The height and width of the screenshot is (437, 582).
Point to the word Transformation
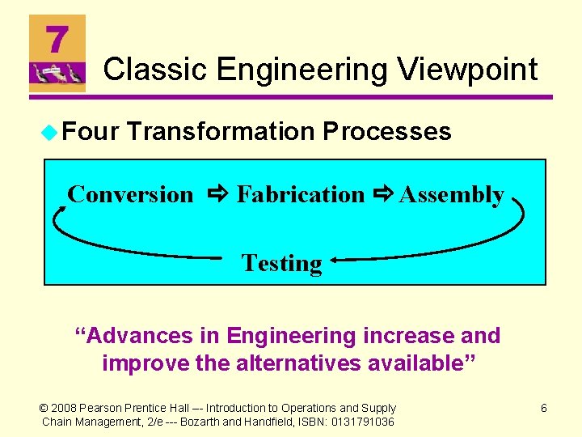pos(220,131)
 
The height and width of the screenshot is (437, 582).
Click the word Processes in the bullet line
pos(386,131)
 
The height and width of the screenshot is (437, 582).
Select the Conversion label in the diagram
pos(130,194)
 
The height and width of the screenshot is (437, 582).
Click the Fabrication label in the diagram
pos(301,194)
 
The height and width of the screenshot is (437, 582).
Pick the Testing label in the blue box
pos(281,263)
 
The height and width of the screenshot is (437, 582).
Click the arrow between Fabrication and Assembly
pos(383,194)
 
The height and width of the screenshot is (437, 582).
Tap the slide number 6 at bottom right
pos(543,409)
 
